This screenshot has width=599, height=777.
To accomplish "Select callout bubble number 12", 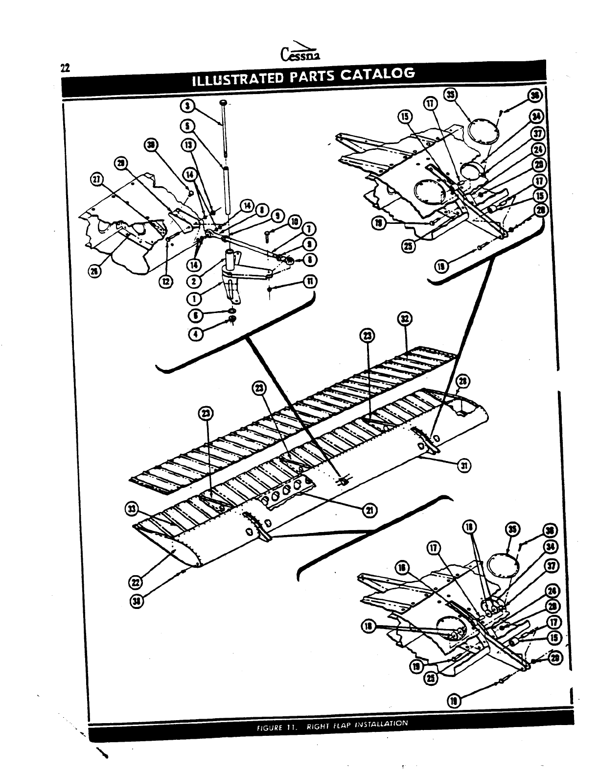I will click(x=168, y=281).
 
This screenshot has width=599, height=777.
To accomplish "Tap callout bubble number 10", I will click(x=295, y=221).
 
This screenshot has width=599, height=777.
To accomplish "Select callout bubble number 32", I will click(x=405, y=318).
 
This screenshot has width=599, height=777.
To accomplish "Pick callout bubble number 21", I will click(x=370, y=510).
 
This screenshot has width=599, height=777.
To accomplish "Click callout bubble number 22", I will click(x=134, y=583).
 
